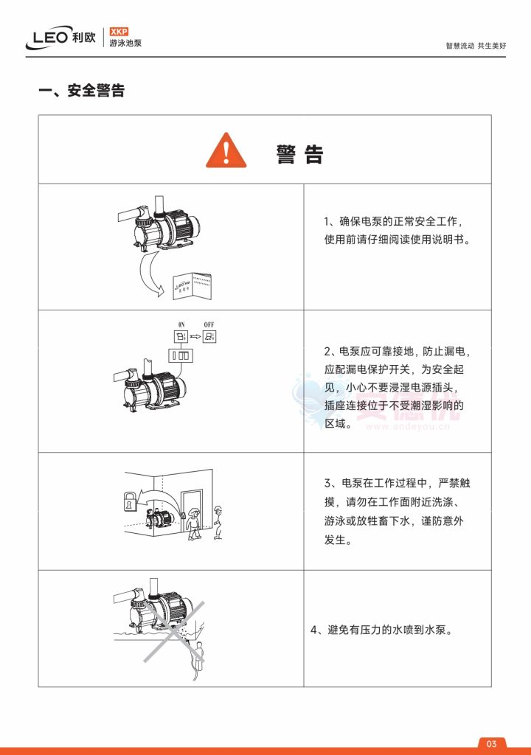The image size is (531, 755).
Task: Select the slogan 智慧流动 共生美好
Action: pos(476,45)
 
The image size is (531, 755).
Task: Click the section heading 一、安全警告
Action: pos(81,91)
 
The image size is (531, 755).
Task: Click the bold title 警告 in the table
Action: pos(299,155)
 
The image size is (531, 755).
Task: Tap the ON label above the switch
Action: pos(180,325)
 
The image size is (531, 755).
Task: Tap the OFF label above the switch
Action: pos(210,325)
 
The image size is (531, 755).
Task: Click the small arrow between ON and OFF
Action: pos(195,338)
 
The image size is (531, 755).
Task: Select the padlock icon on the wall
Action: pos(128,504)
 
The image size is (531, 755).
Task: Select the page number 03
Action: pos(492,742)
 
